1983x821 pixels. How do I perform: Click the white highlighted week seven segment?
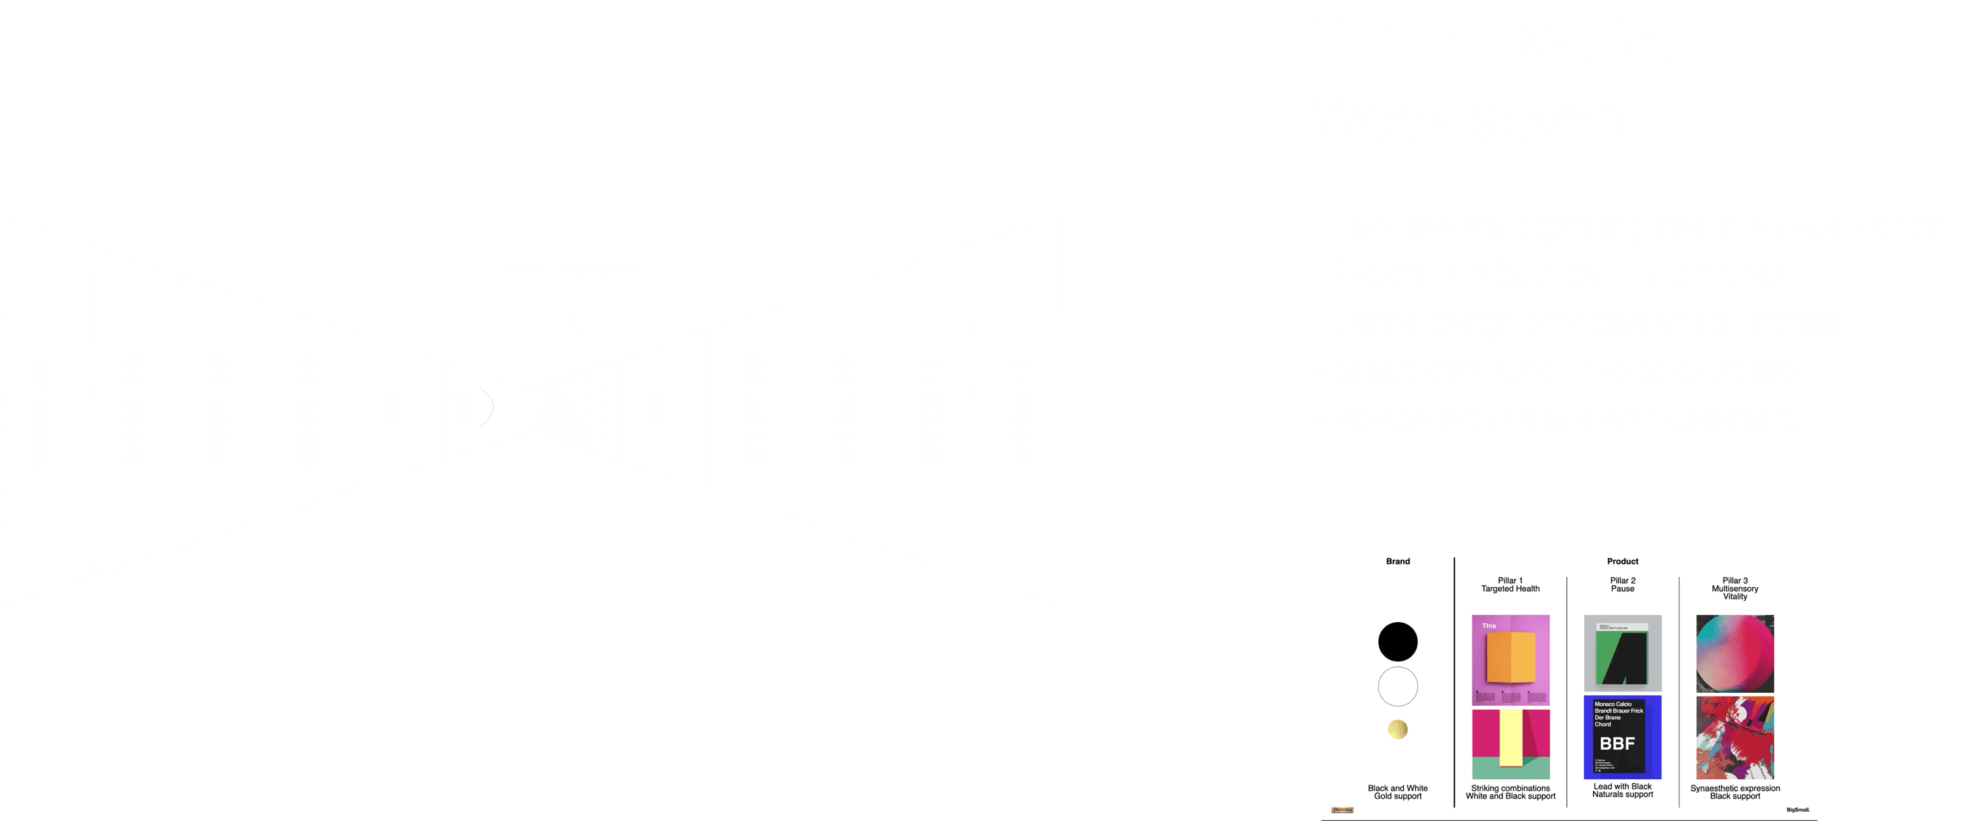pyautogui.click(x=574, y=410)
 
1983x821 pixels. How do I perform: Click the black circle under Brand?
pyautogui.click(x=1397, y=642)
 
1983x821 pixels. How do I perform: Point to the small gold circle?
pyautogui.click(x=1397, y=728)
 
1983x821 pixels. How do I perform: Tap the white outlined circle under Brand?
pyautogui.click(x=1397, y=686)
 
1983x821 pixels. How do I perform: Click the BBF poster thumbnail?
pyautogui.click(x=1622, y=737)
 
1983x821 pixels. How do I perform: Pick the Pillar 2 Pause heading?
pyautogui.click(x=1622, y=585)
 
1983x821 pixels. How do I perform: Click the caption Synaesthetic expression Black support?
pyautogui.click(x=1735, y=792)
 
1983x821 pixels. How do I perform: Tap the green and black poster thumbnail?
pyautogui.click(x=1622, y=653)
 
